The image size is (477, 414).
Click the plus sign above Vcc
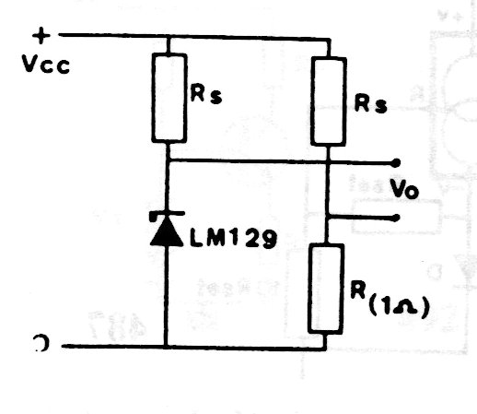(41, 36)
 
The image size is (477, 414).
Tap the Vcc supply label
(46, 65)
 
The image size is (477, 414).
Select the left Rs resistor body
(169, 98)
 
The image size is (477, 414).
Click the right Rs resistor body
(329, 101)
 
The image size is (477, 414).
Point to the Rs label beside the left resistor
(206, 93)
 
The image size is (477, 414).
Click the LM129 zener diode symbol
(167, 229)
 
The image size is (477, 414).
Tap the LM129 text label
(233, 238)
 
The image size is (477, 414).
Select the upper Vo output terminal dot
(396, 163)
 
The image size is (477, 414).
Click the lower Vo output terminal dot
(396, 218)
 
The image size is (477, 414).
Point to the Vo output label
(404, 188)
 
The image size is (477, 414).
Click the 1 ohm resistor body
(326, 289)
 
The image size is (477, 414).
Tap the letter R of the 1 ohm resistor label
(358, 290)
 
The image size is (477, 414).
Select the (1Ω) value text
(398, 307)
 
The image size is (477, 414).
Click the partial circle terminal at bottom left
(41, 343)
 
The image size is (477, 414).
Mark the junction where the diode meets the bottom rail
(166, 347)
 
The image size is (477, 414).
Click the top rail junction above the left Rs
(169, 37)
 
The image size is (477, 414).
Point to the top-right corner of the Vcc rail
(330, 40)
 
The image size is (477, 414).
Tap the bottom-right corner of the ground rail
(325, 349)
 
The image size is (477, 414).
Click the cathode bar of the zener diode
(167, 214)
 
